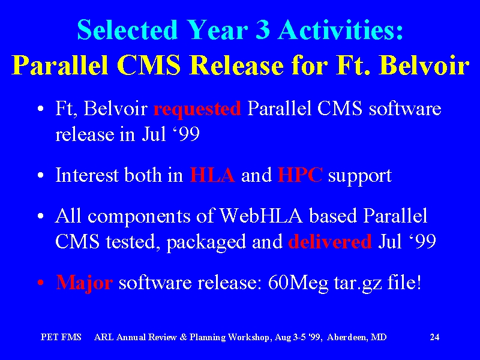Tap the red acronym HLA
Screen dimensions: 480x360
click(212, 175)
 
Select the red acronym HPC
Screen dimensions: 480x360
click(299, 175)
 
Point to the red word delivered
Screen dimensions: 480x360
click(329, 241)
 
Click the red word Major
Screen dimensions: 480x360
click(84, 283)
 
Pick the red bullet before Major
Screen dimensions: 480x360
click(41, 283)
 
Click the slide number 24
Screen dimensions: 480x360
click(434, 337)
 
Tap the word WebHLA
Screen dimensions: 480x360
click(262, 215)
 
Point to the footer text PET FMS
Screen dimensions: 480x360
click(61, 337)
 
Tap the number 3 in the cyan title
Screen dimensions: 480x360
click(263, 30)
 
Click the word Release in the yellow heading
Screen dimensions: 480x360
click(236, 65)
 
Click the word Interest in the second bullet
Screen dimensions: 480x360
click(87, 175)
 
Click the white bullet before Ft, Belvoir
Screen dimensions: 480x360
click(41, 109)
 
